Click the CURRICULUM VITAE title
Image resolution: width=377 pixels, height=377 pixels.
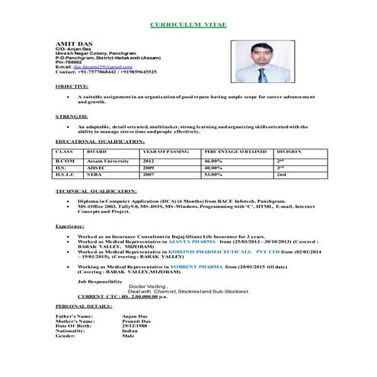coord(187,24)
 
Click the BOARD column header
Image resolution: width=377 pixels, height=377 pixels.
coord(85,153)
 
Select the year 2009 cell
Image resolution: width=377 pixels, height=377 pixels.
coord(149,168)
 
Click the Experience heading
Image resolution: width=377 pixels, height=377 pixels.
coord(69,227)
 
